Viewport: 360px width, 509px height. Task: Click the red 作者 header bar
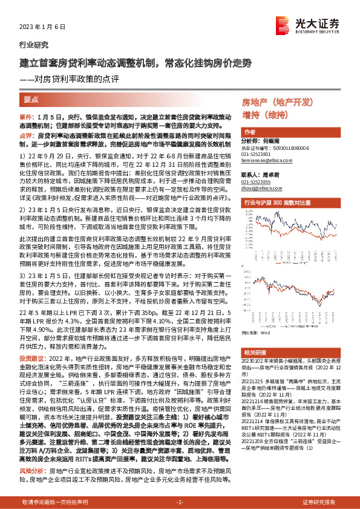pos(290,132)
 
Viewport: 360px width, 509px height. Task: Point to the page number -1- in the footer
pos(180,502)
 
